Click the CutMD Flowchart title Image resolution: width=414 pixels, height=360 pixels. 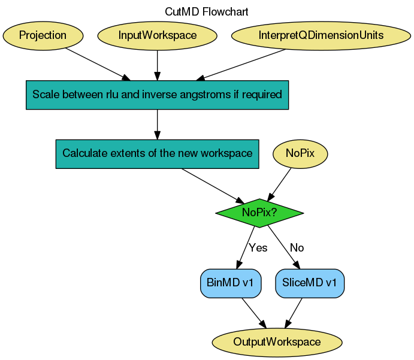click(206, 11)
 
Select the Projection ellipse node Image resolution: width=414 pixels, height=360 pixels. click(43, 35)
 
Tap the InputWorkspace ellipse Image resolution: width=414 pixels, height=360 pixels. click(157, 35)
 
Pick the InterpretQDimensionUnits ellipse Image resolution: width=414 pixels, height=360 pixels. click(321, 35)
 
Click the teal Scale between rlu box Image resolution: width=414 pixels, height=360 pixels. click(157, 95)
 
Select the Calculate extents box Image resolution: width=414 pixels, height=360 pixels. click(157, 153)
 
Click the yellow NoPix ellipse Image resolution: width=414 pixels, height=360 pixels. click(301, 153)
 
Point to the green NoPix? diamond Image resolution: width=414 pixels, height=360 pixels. click(259, 213)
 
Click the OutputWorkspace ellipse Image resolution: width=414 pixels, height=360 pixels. click(277, 342)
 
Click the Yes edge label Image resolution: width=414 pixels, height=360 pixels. click(258, 248)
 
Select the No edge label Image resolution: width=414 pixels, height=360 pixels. click(297, 248)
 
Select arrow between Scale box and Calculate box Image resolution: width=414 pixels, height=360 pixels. click(157, 125)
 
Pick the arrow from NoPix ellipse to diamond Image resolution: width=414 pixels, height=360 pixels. click(280, 182)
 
